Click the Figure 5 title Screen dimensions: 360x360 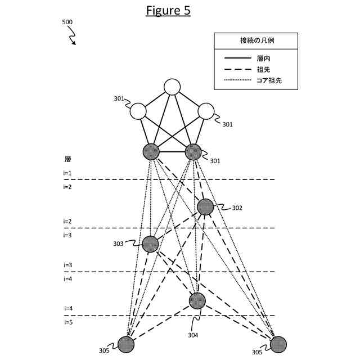168,11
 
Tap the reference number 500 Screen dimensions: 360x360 67,22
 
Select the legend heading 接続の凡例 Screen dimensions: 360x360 256,40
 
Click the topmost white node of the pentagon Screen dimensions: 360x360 172,87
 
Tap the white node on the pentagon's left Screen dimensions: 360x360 138,111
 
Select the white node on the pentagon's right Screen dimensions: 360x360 206,111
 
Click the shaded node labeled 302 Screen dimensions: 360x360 205,207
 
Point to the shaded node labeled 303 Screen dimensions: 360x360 150,244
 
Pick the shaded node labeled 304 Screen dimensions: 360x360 197,301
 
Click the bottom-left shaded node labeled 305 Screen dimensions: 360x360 126,344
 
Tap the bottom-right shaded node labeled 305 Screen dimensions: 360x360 278,344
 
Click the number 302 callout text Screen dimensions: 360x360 237,208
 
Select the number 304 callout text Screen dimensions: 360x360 193,335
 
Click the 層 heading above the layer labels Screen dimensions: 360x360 67,159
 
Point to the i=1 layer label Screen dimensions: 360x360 67,173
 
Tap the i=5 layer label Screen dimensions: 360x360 67,322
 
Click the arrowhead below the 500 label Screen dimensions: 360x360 74,43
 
